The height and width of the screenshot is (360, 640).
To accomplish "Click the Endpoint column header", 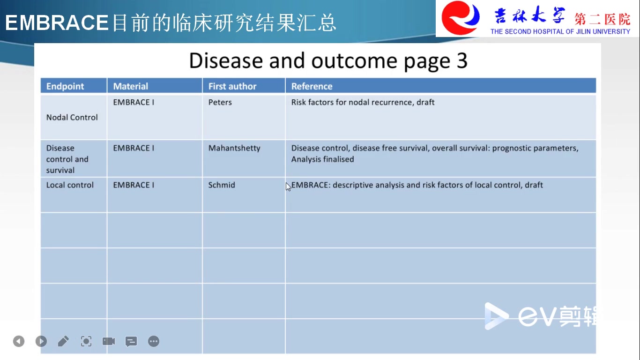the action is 65,86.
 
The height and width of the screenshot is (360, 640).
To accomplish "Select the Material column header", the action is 131,86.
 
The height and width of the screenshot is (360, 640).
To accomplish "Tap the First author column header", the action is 232,86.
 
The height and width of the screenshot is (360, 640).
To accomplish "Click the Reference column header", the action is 312,86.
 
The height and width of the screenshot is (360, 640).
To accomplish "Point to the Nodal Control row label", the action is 72,117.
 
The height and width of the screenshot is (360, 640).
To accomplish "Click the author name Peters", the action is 220,102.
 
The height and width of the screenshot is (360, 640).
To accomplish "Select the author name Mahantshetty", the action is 234,148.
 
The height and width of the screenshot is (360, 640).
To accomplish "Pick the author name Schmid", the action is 222,185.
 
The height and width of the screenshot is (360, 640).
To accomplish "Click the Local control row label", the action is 70,185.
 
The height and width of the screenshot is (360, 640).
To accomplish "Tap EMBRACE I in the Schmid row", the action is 134,185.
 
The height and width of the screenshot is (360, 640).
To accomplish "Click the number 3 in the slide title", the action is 461,60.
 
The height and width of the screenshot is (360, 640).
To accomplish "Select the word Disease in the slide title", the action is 226,60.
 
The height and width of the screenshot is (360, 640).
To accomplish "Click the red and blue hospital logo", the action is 461,18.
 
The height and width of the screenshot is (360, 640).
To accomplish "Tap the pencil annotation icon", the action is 63,341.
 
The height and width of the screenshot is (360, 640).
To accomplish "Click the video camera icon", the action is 109,341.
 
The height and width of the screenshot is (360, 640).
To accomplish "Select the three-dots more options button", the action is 154,341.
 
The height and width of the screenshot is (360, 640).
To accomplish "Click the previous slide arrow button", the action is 19,341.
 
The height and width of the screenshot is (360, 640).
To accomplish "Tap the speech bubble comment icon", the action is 131,341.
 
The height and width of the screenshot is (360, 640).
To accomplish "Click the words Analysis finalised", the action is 322,159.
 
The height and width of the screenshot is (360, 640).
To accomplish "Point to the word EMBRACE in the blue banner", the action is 57,22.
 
